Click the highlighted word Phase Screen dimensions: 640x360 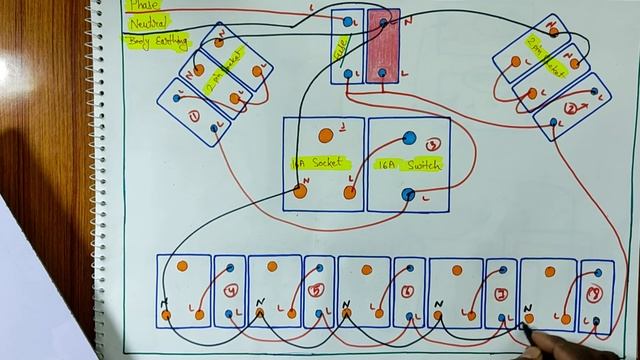[x=143, y=5]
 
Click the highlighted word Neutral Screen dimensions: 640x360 [x=147, y=21]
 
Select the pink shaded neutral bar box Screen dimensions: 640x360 [x=384, y=46]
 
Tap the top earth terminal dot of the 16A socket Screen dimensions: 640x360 [x=325, y=135]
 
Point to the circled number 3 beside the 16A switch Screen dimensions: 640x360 [x=433, y=146]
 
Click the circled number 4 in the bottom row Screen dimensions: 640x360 [x=230, y=292]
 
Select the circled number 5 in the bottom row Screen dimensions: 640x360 [x=317, y=292]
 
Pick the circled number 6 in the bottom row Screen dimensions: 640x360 [x=408, y=292]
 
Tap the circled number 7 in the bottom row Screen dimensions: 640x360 [x=500, y=294]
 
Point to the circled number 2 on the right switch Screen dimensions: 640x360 [x=571, y=107]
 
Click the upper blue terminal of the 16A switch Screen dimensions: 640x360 [x=408, y=139]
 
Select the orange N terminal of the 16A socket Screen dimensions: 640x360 [x=300, y=191]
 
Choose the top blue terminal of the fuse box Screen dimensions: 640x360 [x=347, y=20]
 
